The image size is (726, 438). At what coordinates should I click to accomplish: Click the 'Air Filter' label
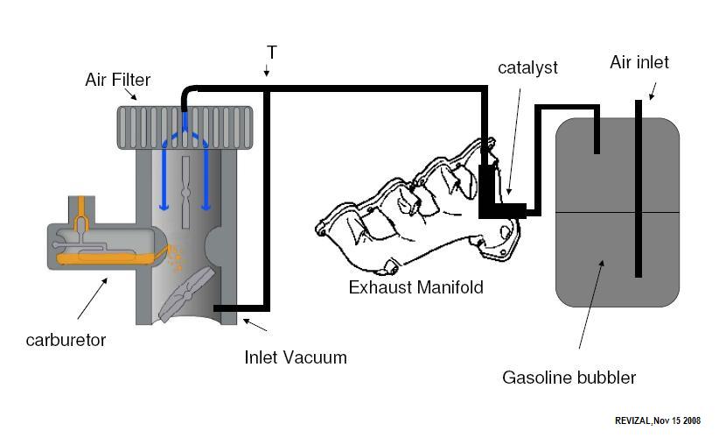117,80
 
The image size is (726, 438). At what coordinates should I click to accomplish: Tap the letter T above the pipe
272,53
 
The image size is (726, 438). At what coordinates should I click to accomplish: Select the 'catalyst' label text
527,67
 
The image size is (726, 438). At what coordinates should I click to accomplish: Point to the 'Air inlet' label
639,62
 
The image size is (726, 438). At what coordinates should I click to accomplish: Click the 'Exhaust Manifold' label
415,287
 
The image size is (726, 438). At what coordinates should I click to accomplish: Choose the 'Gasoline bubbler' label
569,378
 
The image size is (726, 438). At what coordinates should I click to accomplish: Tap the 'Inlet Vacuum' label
296,357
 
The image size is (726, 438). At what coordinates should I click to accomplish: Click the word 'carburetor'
66,340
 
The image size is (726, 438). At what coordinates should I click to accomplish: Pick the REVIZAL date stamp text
658,420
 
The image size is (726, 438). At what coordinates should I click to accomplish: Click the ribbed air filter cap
185,128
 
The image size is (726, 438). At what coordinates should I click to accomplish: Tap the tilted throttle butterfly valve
186,294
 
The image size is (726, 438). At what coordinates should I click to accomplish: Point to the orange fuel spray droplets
176,258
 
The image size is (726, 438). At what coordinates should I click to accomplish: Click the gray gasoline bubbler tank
618,212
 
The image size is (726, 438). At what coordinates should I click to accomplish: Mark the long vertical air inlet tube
638,188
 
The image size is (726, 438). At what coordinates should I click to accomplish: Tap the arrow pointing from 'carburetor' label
92,299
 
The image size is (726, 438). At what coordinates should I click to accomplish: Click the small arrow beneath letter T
266,69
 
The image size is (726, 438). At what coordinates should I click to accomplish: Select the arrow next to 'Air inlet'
653,91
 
